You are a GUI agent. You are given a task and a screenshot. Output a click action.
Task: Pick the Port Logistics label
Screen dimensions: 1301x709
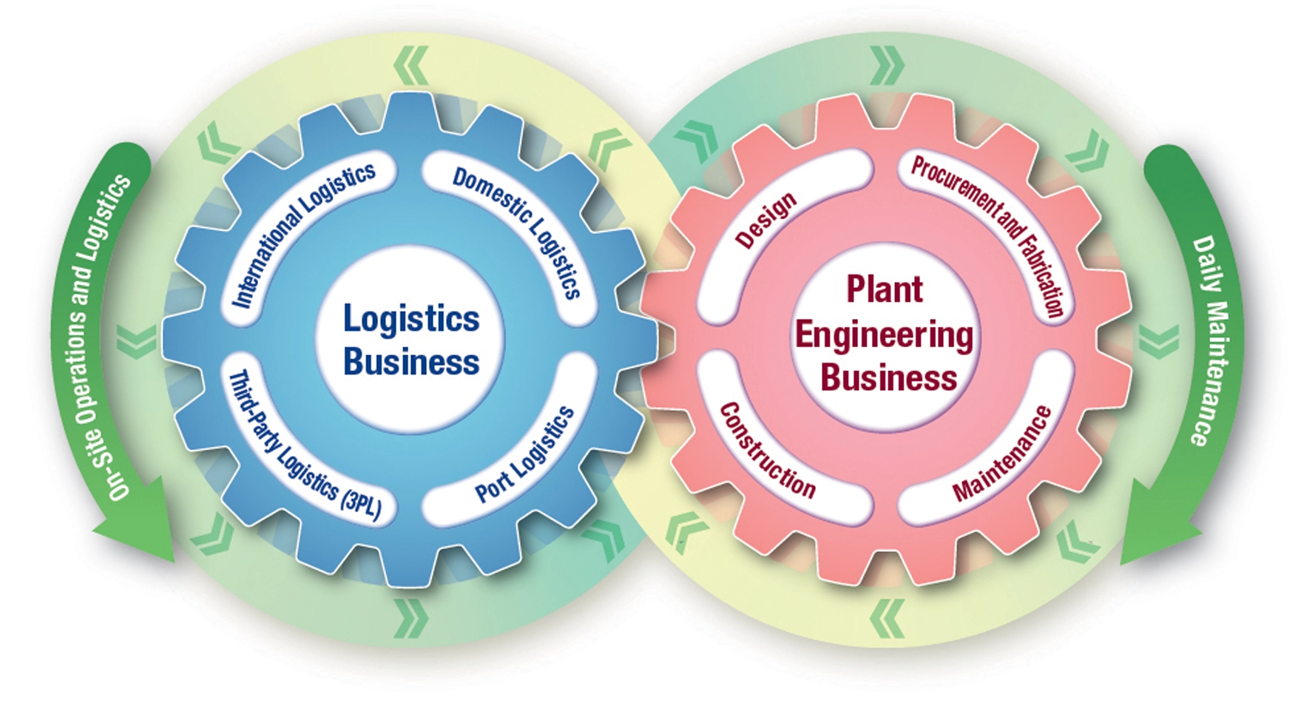(524, 454)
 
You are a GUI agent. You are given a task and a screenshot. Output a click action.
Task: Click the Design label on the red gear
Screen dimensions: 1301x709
(766, 220)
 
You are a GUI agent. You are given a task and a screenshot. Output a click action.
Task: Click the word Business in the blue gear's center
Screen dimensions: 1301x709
(411, 362)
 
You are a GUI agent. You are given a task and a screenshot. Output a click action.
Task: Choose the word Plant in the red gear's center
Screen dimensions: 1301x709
(885, 289)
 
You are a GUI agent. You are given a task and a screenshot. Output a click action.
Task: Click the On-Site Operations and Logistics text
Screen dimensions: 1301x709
(93, 337)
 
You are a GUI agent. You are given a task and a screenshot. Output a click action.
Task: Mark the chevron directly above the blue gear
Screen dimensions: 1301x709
(411, 65)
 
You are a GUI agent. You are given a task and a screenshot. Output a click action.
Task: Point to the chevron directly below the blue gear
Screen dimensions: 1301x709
(411, 617)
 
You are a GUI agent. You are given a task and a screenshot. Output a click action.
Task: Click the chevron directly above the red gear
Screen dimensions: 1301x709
(887, 65)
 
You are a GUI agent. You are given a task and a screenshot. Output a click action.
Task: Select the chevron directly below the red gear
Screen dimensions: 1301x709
(887, 617)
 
